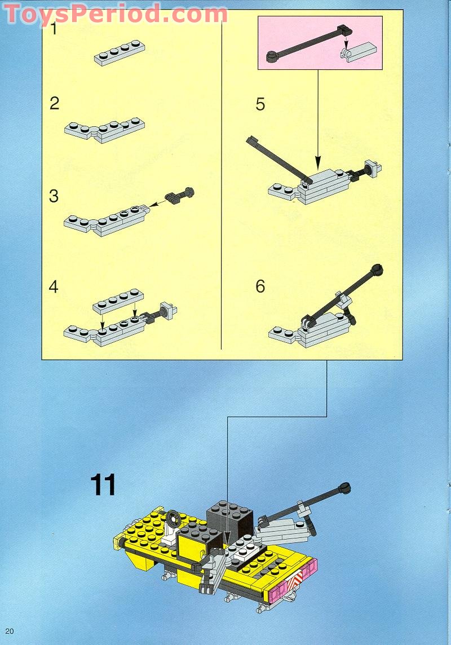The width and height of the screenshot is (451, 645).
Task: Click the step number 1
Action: pyautogui.click(x=54, y=29)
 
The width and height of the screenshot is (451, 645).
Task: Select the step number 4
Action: pyautogui.click(x=54, y=286)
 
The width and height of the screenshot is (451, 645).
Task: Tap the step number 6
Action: pyautogui.click(x=260, y=286)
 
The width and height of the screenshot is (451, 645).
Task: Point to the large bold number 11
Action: pyautogui.click(x=103, y=485)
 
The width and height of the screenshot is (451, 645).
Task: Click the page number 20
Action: pyautogui.click(x=8, y=631)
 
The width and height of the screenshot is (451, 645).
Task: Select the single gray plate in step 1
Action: pyautogui.click(x=119, y=53)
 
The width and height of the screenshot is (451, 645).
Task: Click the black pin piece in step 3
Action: pyautogui.click(x=180, y=197)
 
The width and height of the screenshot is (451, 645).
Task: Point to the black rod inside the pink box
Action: pyautogui.click(x=307, y=42)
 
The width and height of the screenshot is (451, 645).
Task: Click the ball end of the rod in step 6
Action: pyautogui.click(x=377, y=270)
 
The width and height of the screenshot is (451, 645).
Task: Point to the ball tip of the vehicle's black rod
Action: pyautogui.click(x=344, y=487)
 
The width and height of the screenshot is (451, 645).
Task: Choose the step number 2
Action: pyautogui.click(x=54, y=104)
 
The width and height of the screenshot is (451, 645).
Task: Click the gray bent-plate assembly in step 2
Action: pyautogui.click(x=104, y=130)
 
